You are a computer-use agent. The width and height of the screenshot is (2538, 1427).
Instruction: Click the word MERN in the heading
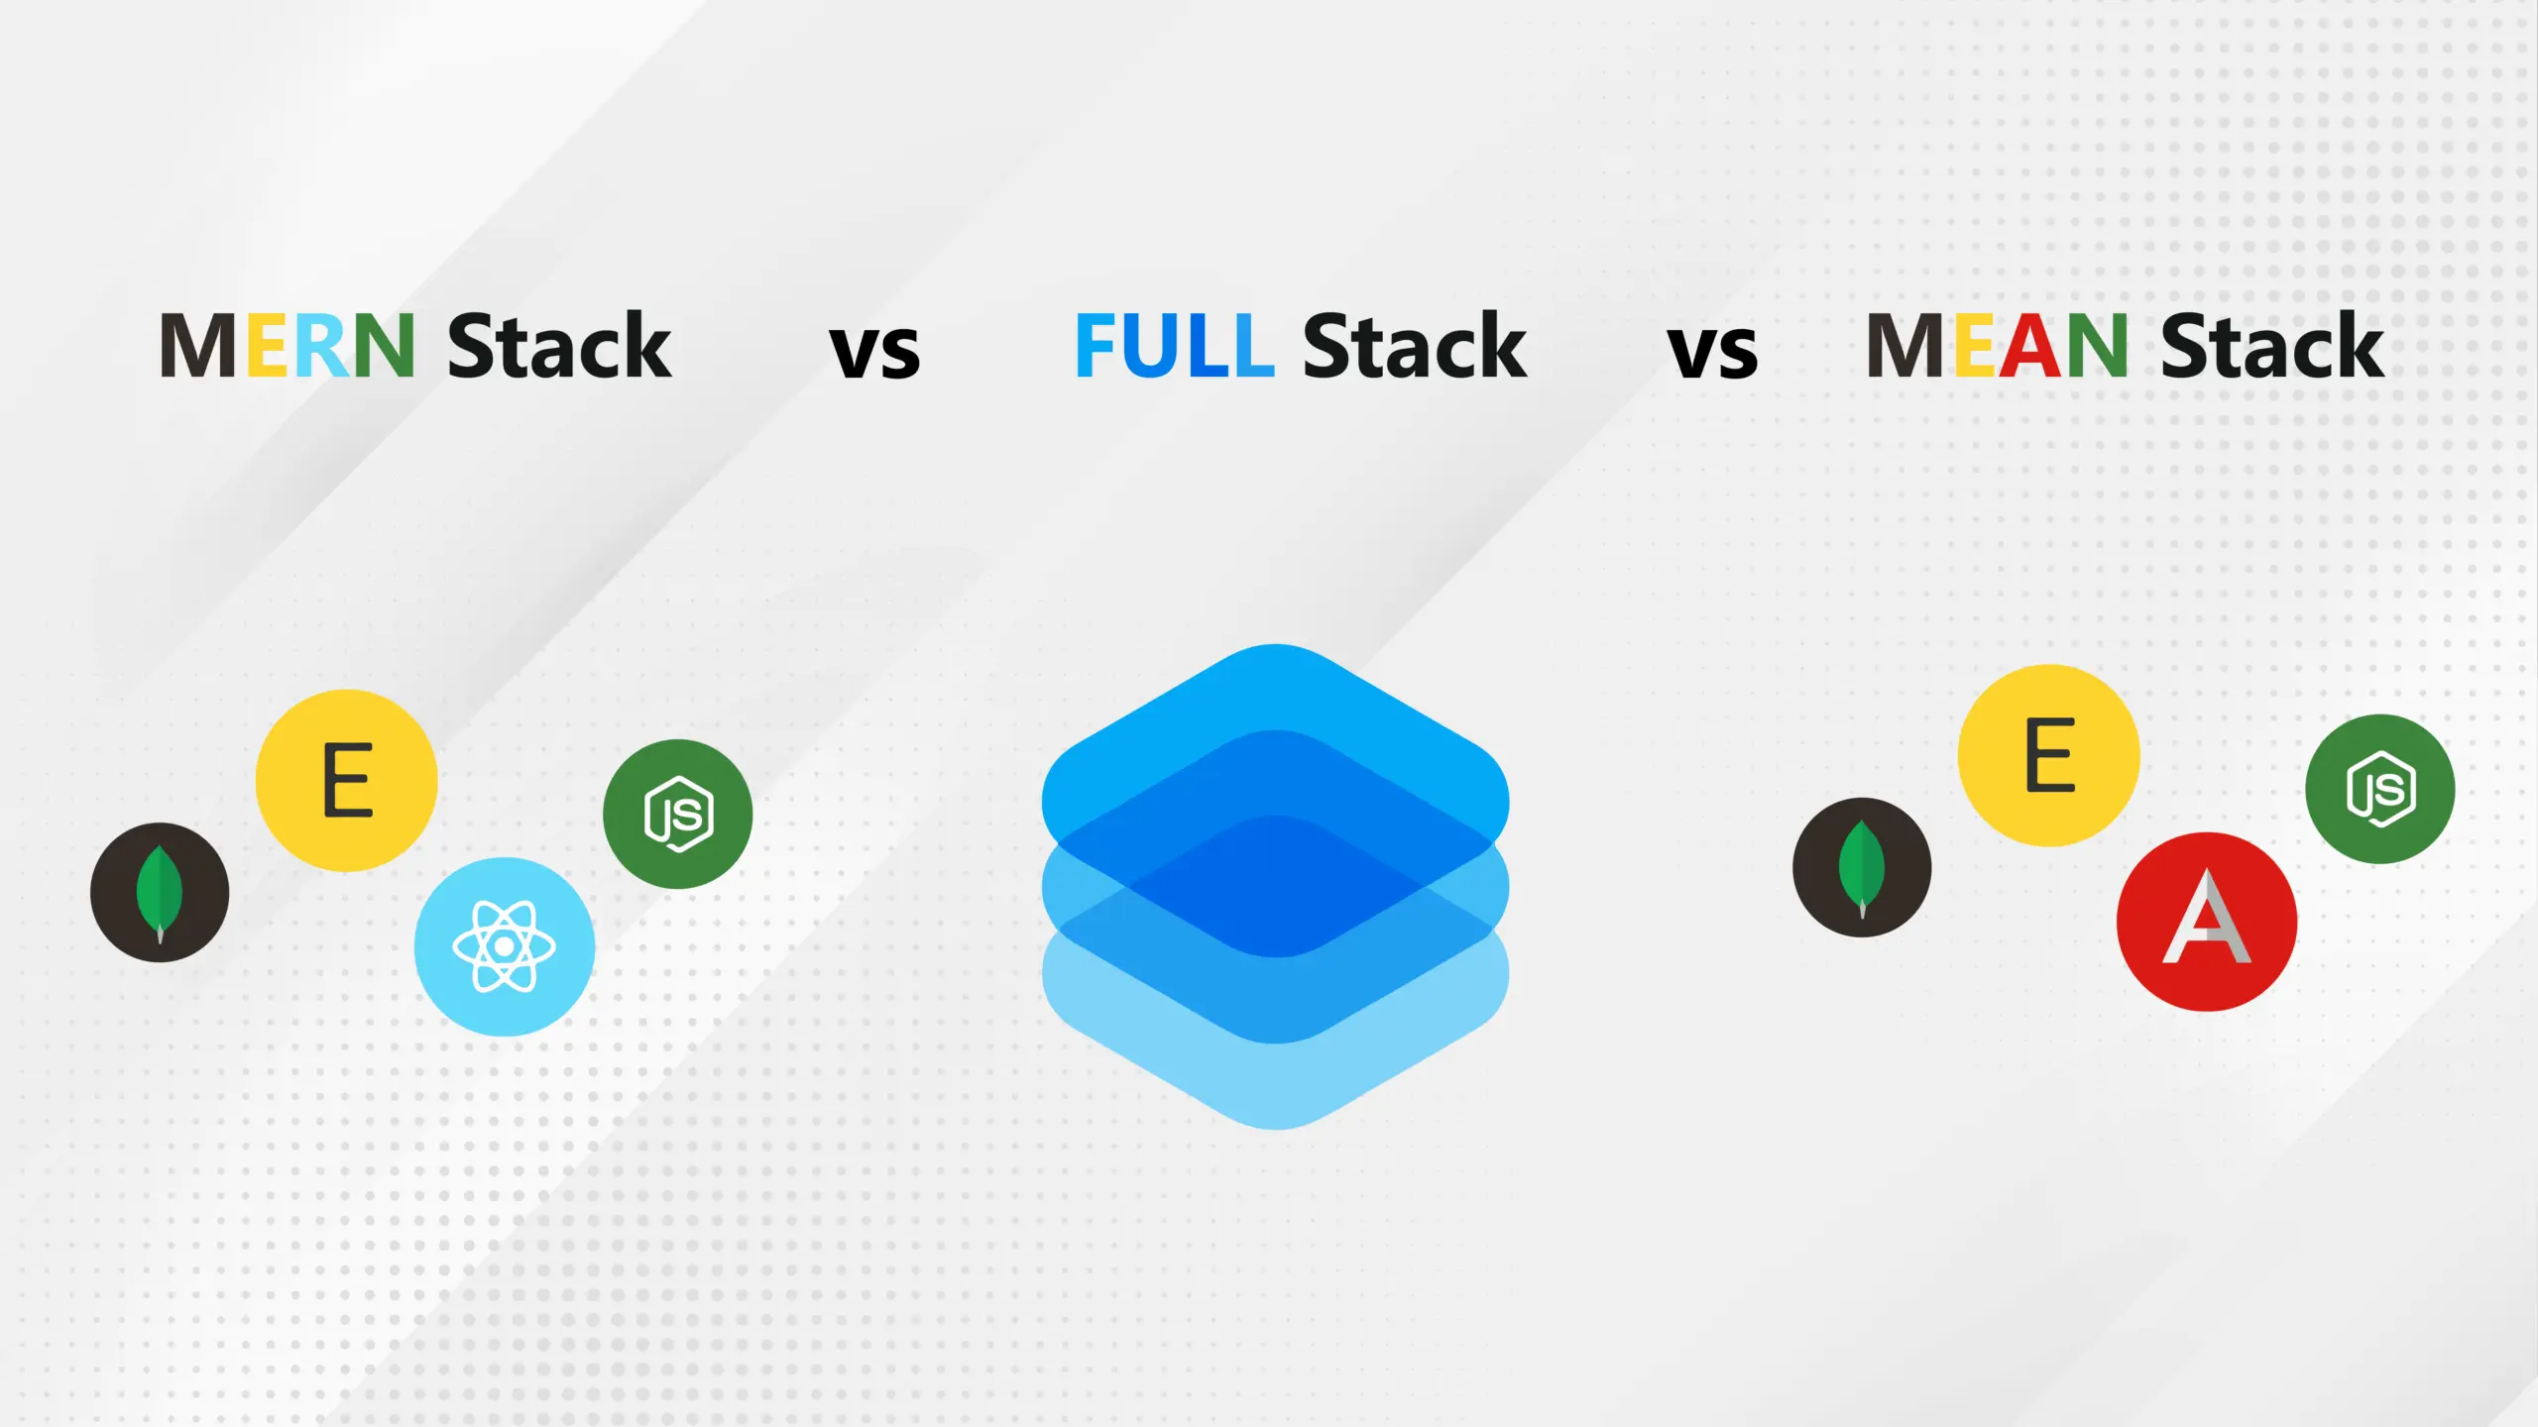[x=287, y=345]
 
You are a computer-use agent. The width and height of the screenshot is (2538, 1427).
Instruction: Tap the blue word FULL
[x=1174, y=345]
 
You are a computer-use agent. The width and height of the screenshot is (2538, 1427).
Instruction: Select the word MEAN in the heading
[x=1996, y=345]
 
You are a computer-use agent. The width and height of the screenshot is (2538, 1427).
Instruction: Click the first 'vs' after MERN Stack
[x=874, y=352]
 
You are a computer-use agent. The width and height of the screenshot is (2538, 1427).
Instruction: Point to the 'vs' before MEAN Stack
[x=1712, y=352]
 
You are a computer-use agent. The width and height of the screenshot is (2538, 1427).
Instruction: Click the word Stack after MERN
[x=559, y=345]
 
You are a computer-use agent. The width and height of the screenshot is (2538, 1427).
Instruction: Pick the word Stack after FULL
[x=1415, y=345]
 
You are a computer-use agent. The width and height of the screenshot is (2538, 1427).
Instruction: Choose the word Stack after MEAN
[x=2271, y=345]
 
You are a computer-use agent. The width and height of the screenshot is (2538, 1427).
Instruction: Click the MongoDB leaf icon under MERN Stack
[x=160, y=892]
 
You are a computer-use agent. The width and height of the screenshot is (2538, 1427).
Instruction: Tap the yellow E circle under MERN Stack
[x=347, y=780]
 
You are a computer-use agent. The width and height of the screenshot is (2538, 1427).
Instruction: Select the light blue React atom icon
[x=505, y=946]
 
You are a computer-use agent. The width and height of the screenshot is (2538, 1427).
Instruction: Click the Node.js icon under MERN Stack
[x=678, y=814]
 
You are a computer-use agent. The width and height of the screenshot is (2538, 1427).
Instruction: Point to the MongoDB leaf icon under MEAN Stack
[x=1862, y=867]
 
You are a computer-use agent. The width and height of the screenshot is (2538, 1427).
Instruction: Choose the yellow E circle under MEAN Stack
[x=2049, y=755]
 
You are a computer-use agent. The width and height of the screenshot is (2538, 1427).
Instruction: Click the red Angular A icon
[x=2207, y=922]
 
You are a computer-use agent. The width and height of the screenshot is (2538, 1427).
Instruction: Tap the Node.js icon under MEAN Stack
[x=2380, y=789]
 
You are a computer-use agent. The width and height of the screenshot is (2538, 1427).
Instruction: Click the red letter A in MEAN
[x=2030, y=345]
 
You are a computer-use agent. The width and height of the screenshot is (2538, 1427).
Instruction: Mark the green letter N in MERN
[x=383, y=345]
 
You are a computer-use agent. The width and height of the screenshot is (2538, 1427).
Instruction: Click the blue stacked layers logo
[x=1276, y=887]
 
